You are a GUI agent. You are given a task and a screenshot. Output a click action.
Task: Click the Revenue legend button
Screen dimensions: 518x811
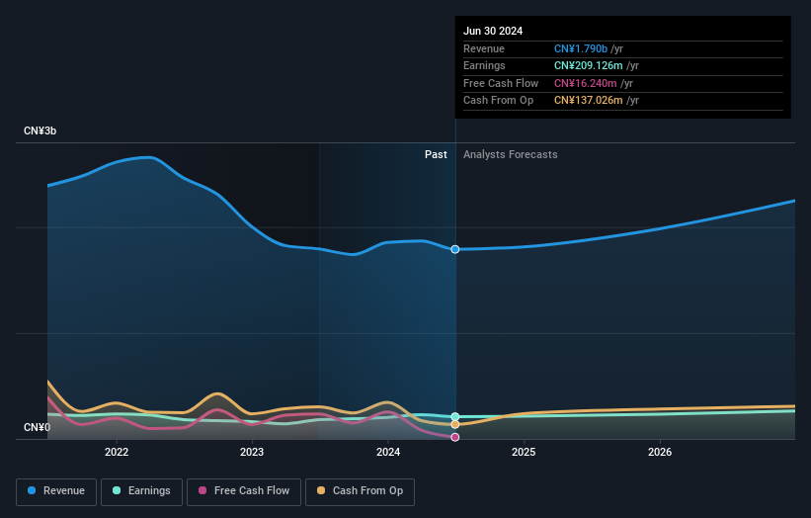pyautogui.click(x=55, y=491)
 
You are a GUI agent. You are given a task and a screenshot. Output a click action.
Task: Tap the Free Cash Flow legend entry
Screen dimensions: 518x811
pyautogui.click(x=243, y=491)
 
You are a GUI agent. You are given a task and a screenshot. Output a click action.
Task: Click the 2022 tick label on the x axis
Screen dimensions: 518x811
pyautogui.click(x=117, y=453)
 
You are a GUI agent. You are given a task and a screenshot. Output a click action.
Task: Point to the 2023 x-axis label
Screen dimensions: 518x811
pyautogui.click(x=252, y=453)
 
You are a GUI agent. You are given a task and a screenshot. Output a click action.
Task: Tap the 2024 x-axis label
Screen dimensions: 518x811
pyautogui.click(x=388, y=453)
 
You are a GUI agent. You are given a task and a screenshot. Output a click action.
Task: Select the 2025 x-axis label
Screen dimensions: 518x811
pyautogui.click(x=524, y=453)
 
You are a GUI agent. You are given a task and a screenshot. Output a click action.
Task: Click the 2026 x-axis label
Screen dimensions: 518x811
pyautogui.click(x=660, y=453)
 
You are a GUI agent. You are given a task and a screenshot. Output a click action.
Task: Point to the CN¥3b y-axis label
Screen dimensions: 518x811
pyautogui.click(x=40, y=130)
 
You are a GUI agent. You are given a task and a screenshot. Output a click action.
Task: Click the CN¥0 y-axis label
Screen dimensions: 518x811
pyautogui.click(x=37, y=427)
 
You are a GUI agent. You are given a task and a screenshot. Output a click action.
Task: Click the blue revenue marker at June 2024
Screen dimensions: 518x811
pyautogui.click(x=455, y=249)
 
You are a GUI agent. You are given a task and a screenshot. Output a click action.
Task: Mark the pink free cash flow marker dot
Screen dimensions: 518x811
pyautogui.click(x=455, y=437)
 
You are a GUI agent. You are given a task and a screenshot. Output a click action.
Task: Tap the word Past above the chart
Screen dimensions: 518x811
pyautogui.click(x=436, y=155)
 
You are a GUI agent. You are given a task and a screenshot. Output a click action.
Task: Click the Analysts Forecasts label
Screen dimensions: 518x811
pyautogui.click(x=510, y=155)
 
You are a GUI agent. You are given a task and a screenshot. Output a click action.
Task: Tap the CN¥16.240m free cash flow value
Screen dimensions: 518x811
pyautogui.click(x=585, y=83)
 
